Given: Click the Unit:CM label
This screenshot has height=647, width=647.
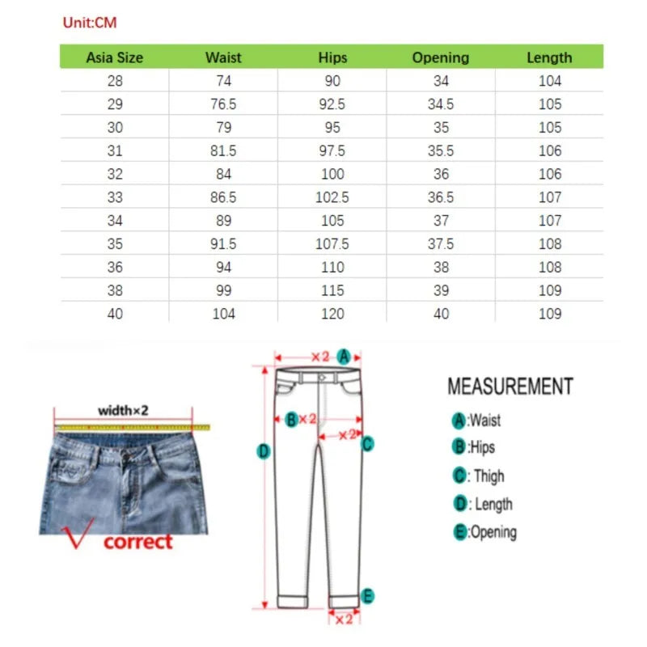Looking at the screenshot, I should click(x=90, y=23).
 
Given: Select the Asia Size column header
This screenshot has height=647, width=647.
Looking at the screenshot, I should click(x=114, y=57).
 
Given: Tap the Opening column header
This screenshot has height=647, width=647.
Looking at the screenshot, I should click(x=441, y=57).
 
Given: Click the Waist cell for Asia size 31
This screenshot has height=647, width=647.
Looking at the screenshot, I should click(x=223, y=150).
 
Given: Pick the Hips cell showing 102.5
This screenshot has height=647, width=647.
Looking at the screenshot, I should click(x=332, y=197).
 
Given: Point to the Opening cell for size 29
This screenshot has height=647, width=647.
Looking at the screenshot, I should click(x=441, y=104).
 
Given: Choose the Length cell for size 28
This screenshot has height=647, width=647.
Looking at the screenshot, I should click(x=549, y=81).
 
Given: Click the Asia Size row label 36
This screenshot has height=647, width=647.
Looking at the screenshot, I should click(x=115, y=267).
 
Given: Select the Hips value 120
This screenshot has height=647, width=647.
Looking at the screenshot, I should click(x=332, y=314).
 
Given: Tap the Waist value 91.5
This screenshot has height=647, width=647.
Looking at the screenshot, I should click(x=223, y=243).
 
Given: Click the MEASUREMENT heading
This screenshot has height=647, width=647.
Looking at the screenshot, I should click(x=510, y=387).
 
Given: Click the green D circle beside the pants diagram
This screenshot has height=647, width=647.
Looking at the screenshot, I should click(x=263, y=451).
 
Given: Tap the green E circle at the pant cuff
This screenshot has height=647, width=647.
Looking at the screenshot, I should click(x=368, y=597).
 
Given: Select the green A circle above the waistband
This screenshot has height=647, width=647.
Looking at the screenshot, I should click(x=344, y=356).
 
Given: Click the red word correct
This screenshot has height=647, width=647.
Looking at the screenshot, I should click(x=137, y=542).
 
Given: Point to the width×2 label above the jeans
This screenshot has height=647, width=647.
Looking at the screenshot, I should click(x=123, y=410).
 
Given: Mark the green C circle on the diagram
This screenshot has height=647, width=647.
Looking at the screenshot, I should click(x=367, y=442).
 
